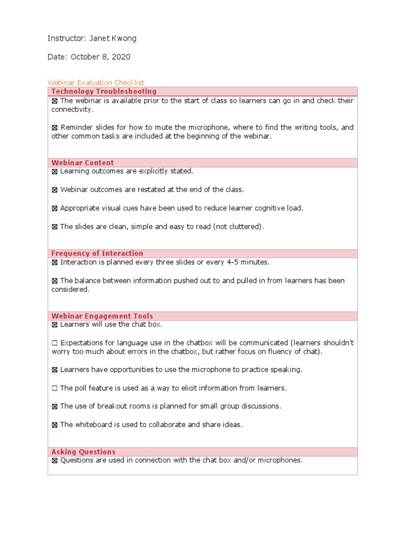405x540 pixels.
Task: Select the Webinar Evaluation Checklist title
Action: [x=96, y=82]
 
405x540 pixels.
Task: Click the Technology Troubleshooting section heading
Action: [x=104, y=91]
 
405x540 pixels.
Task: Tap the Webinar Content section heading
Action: [x=82, y=162]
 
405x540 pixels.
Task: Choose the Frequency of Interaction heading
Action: [x=97, y=253]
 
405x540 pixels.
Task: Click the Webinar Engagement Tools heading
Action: [x=102, y=316]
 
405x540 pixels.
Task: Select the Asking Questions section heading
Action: [x=83, y=451]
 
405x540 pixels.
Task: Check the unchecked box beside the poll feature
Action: [x=55, y=388]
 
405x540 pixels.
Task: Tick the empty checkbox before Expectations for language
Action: [x=55, y=343]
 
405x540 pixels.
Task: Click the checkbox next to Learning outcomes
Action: [x=55, y=171]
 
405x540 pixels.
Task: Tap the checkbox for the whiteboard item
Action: [x=55, y=425]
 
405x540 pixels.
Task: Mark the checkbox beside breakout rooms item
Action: [x=55, y=406]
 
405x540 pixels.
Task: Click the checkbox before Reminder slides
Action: [x=55, y=128]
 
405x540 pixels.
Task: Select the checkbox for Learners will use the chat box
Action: [x=55, y=324]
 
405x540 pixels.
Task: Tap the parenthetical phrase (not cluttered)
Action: [x=238, y=227]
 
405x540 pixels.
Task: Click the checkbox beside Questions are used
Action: [x=55, y=460]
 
